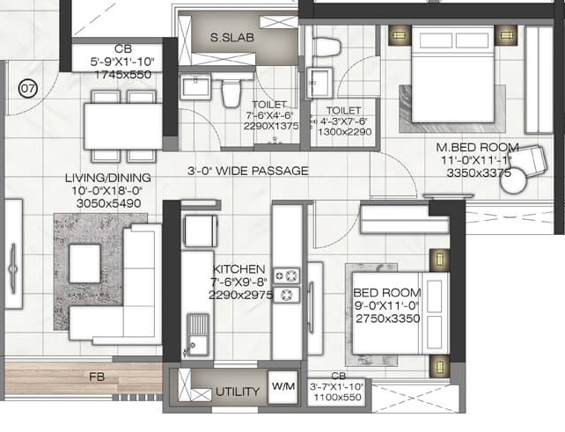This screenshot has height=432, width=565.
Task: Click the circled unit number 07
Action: (29, 88)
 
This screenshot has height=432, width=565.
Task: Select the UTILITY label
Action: (238, 392)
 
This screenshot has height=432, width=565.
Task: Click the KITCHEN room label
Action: (238, 269)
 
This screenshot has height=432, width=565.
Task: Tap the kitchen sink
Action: (198, 334)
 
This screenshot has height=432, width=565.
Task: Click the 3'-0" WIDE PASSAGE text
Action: (247, 171)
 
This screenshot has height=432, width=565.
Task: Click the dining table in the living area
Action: (123, 126)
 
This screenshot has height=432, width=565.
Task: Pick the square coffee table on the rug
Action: (85, 262)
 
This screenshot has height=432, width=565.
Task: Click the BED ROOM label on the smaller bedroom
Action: (386, 292)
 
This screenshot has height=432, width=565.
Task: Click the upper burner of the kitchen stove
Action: (287, 275)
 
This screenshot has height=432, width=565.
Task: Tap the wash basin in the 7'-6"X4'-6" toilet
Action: (196, 87)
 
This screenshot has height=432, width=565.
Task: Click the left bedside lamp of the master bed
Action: (400, 34)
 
